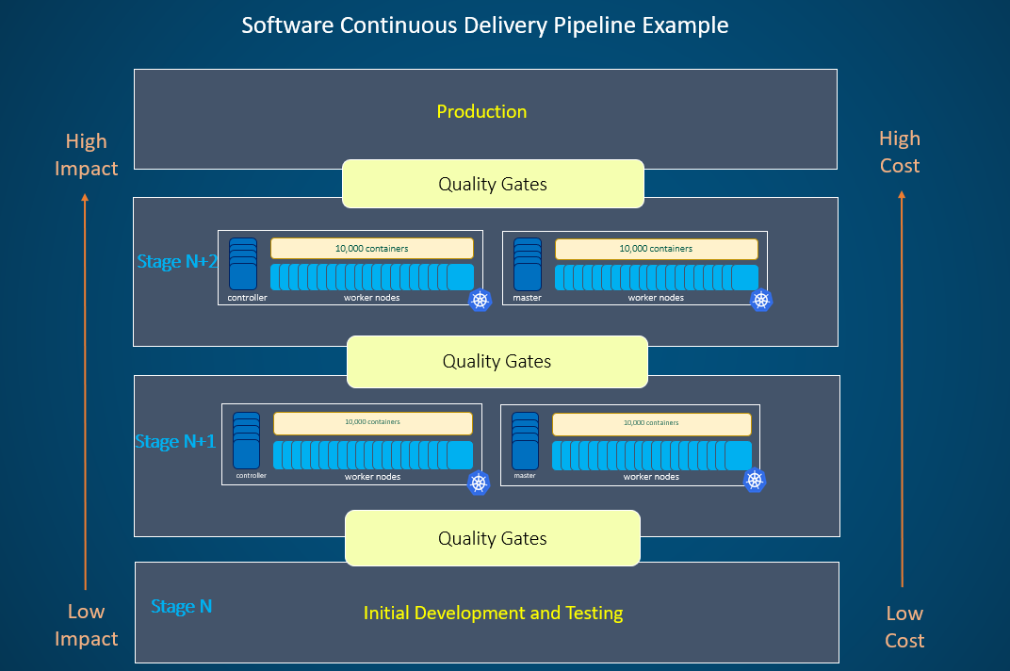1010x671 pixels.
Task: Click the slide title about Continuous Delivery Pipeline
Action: point(484,25)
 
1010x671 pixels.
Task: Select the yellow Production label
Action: point(481,111)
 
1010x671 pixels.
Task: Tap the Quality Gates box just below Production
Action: point(492,184)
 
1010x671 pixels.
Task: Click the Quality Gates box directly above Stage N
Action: point(492,538)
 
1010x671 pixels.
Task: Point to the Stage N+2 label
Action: point(177,261)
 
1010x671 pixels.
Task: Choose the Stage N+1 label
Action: point(176,441)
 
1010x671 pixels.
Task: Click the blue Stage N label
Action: point(182,607)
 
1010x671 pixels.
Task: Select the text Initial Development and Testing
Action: point(493,613)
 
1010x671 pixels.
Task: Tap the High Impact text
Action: point(86,155)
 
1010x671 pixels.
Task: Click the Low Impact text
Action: point(86,625)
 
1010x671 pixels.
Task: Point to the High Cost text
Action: point(899,152)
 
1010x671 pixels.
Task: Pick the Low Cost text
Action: point(904,627)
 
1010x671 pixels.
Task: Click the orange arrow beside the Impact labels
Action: point(85,391)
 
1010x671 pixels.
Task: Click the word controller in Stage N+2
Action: point(247,298)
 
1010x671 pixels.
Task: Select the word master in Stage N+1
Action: point(525,476)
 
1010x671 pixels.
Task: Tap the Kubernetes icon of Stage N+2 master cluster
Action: point(761,300)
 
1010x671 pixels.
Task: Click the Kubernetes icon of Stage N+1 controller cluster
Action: point(479,483)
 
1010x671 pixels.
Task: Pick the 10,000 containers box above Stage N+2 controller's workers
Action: point(371,249)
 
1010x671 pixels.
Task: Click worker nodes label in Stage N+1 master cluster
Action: point(651,477)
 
